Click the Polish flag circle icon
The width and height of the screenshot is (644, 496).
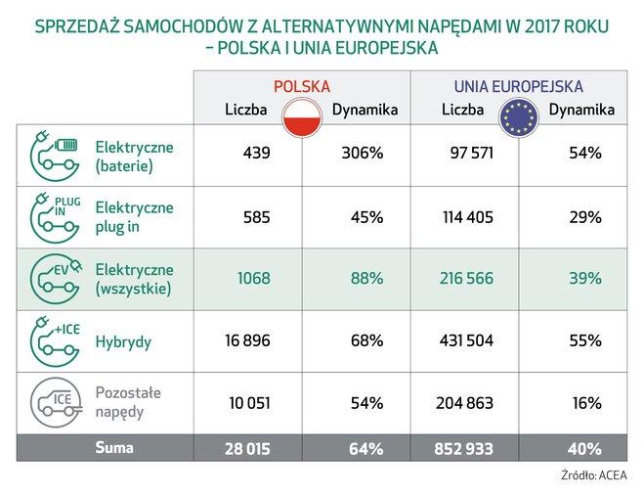(302, 116)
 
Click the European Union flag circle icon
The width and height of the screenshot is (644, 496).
(518, 116)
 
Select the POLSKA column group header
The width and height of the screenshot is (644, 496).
(301, 86)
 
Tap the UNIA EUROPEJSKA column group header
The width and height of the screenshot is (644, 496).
(518, 86)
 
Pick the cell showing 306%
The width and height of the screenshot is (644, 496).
(362, 154)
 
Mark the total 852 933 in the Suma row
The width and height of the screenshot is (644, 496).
(461, 448)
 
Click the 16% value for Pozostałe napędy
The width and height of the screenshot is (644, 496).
(586, 401)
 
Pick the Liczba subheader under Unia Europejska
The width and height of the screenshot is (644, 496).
(462, 110)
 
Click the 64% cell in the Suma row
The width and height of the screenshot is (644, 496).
(365, 448)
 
